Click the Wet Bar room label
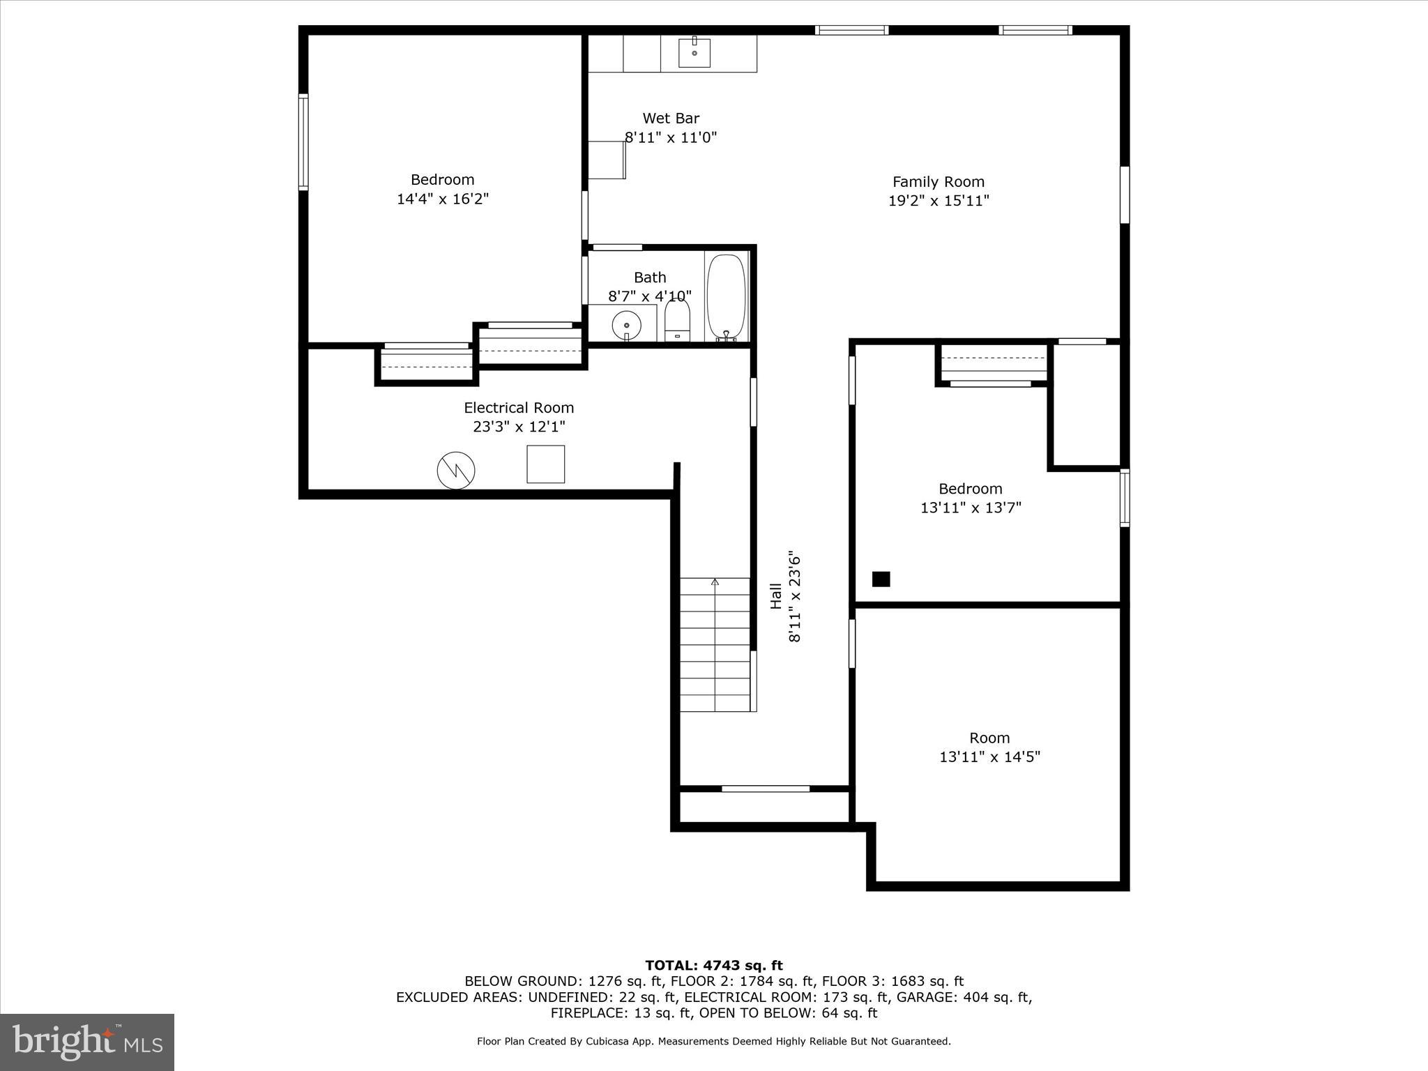pos(671,119)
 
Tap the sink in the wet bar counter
pos(694,52)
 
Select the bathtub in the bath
pos(727,297)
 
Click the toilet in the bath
pos(677,321)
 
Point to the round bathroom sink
pos(627,325)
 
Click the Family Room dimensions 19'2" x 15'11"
pos(939,201)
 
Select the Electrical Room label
pos(519,408)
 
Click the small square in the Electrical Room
pos(545,464)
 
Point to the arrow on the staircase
pos(715,582)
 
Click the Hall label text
pos(776,596)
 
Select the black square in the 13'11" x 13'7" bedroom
pos(881,579)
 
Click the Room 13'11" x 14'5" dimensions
pos(989,757)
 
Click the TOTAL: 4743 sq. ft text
pos(714,965)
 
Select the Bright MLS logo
pos(87,1042)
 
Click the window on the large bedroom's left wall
pos(303,142)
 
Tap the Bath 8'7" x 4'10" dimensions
pos(650,296)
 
